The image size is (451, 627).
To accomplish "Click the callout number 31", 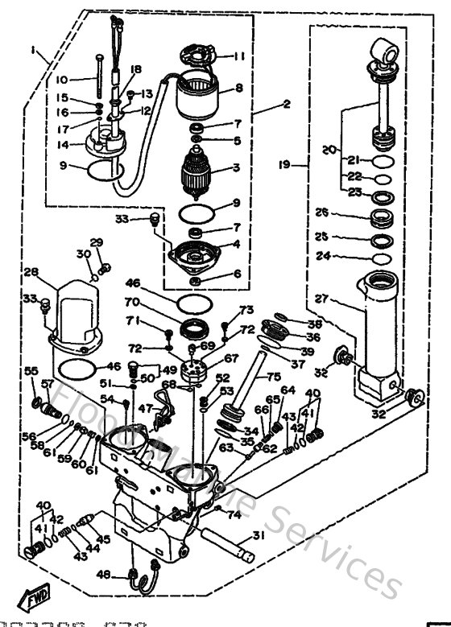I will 257,536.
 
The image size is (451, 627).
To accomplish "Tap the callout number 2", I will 263,104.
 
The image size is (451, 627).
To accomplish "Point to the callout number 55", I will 31,370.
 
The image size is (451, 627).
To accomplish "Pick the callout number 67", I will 231,358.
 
